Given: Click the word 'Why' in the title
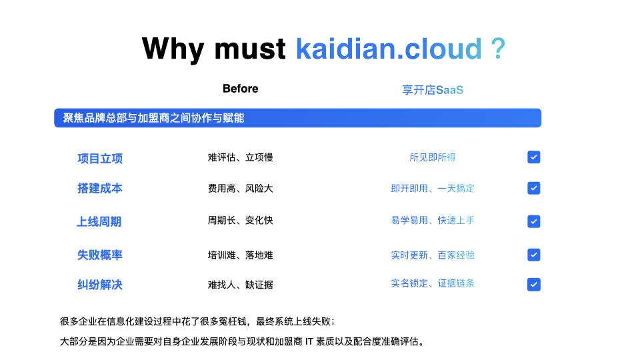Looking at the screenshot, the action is (x=173, y=49).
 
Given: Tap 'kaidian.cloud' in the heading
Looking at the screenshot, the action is (x=389, y=49).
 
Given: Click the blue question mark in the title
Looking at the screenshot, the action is (x=498, y=49).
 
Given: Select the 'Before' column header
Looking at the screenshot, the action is (x=241, y=89).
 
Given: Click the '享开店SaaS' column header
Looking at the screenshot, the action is (x=433, y=90).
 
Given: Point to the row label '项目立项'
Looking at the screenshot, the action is (x=100, y=159).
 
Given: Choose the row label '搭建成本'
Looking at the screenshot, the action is (x=100, y=188).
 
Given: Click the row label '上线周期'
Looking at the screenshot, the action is (x=99, y=221).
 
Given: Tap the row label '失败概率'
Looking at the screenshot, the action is (x=100, y=255).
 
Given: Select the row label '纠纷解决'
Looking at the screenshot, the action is (x=100, y=285).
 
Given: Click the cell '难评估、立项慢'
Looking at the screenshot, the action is (x=241, y=157).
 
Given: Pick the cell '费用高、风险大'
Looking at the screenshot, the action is (x=241, y=188).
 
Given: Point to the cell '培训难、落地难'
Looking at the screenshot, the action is (x=241, y=255).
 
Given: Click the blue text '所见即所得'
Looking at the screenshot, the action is (x=433, y=157).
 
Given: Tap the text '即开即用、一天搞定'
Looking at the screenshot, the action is (x=433, y=188).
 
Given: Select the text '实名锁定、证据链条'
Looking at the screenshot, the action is (x=433, y=283).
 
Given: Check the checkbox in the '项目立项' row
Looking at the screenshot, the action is (x=534, y=157).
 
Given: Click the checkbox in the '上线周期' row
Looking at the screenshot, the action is (x=534, y=221).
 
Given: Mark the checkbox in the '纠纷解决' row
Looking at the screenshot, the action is (x=534, y=285).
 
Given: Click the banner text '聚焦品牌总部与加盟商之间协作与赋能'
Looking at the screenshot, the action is (x=153, y=118).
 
